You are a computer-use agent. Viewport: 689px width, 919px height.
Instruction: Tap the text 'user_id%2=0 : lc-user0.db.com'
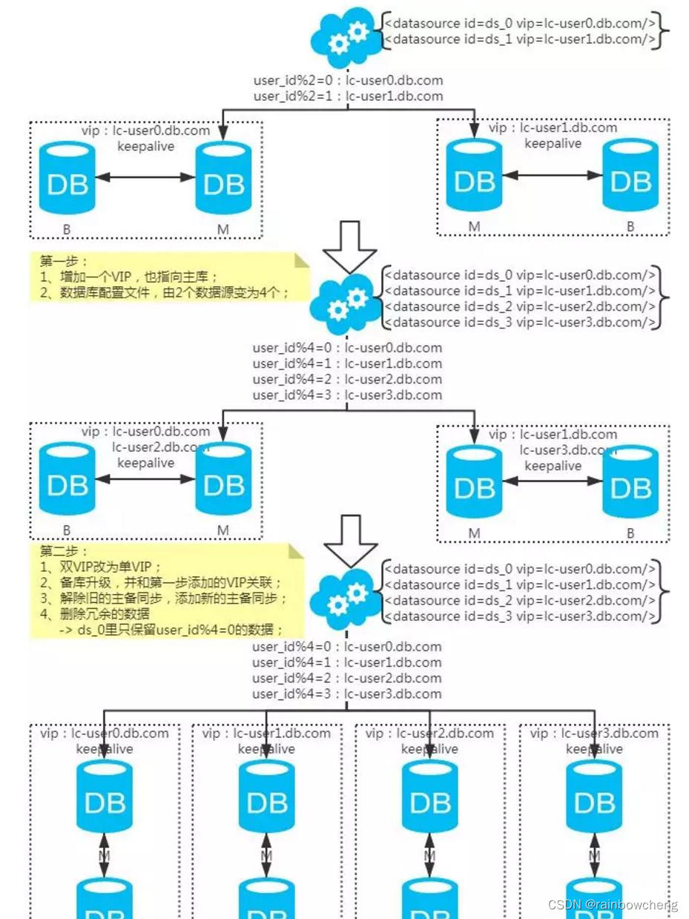coord(348,80)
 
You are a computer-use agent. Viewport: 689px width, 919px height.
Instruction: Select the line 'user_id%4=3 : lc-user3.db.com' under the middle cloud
coord(347,395)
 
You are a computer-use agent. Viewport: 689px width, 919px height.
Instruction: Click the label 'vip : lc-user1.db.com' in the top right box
coord(553,128)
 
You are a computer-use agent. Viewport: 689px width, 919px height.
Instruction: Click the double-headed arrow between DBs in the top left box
coord(145,177)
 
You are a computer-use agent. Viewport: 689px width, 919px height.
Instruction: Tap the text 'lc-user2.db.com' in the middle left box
coord(160,447)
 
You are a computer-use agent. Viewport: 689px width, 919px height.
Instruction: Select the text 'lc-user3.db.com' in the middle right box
coord(568,450)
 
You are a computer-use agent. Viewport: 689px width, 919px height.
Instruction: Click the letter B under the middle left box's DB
coord(67,531)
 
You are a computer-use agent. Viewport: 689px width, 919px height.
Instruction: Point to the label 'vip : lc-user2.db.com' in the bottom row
coord(430,733)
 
